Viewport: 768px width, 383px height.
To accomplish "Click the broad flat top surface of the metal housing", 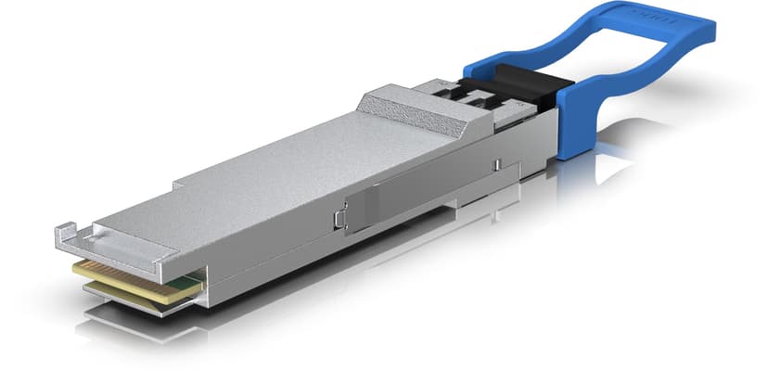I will coord(278,185).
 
